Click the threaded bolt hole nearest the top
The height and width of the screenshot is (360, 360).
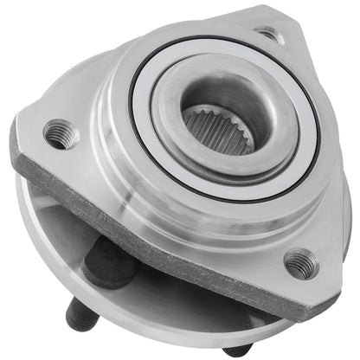pyautogui.click(x=269, y=35)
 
